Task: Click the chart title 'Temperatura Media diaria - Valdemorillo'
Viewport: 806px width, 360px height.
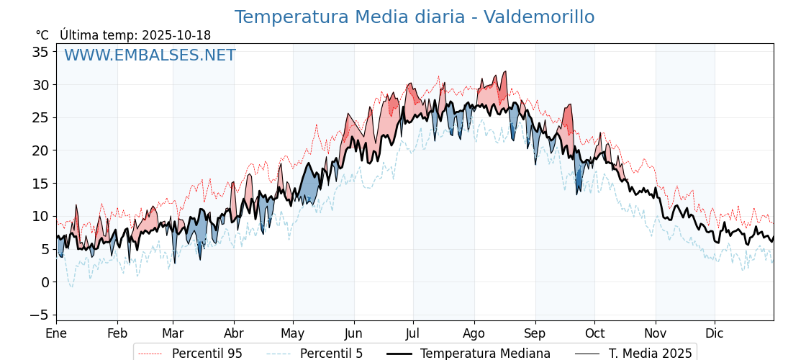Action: point(415,17)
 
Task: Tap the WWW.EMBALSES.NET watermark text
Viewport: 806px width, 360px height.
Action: point(150,55)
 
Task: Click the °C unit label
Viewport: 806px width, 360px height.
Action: point(42,35)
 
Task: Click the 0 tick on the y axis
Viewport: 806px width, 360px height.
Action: point(45,282)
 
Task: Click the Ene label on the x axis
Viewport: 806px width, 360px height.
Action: point(56,334)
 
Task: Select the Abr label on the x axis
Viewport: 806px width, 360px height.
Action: point(234,334)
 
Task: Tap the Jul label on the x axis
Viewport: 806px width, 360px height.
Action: point(413,334)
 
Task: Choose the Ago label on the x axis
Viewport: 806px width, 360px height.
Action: point(474,334)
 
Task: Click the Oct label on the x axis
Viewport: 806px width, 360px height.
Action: point(594,334)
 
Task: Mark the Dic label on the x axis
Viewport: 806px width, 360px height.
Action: point(715,334)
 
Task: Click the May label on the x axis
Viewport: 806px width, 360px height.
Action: point(293,334)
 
